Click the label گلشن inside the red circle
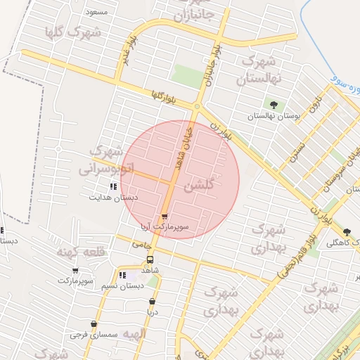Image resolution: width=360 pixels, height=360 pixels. [198, 186]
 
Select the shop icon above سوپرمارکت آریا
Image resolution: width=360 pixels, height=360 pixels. [165, 217]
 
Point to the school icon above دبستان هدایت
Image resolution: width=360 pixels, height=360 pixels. [113, 187]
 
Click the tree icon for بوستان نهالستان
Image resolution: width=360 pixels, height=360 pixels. [273, 105]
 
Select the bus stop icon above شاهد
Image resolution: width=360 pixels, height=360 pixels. [149, 259]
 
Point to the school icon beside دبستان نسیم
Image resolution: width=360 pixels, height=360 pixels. [122, 275]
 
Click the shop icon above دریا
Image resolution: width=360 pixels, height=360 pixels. [152, 302]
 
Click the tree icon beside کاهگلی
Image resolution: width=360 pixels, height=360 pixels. [347, 232]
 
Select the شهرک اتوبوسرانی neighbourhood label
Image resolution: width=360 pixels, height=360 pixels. [107, 160]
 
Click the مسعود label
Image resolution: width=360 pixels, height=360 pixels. [96, 13]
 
